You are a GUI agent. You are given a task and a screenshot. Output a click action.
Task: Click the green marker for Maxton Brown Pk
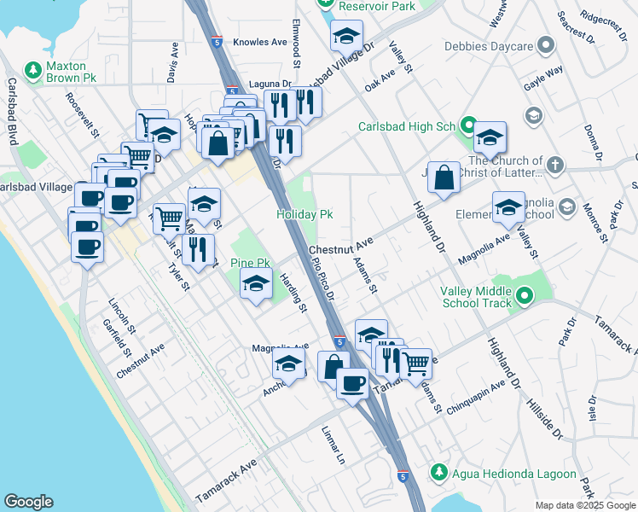point(33,69)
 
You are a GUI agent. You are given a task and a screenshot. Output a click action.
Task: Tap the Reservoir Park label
point(376,6)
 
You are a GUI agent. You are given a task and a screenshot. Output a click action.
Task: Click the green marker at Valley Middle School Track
point(525,296)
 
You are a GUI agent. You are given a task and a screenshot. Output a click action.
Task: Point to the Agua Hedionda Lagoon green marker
point(438,472)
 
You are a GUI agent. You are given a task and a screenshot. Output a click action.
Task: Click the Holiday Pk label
point(304,214)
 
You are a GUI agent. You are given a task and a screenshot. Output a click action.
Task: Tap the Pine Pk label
point(250,263)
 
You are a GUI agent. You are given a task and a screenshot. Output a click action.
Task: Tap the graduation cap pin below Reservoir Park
point(346,36)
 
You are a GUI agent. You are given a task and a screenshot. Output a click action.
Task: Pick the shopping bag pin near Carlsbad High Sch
point(444,178)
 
